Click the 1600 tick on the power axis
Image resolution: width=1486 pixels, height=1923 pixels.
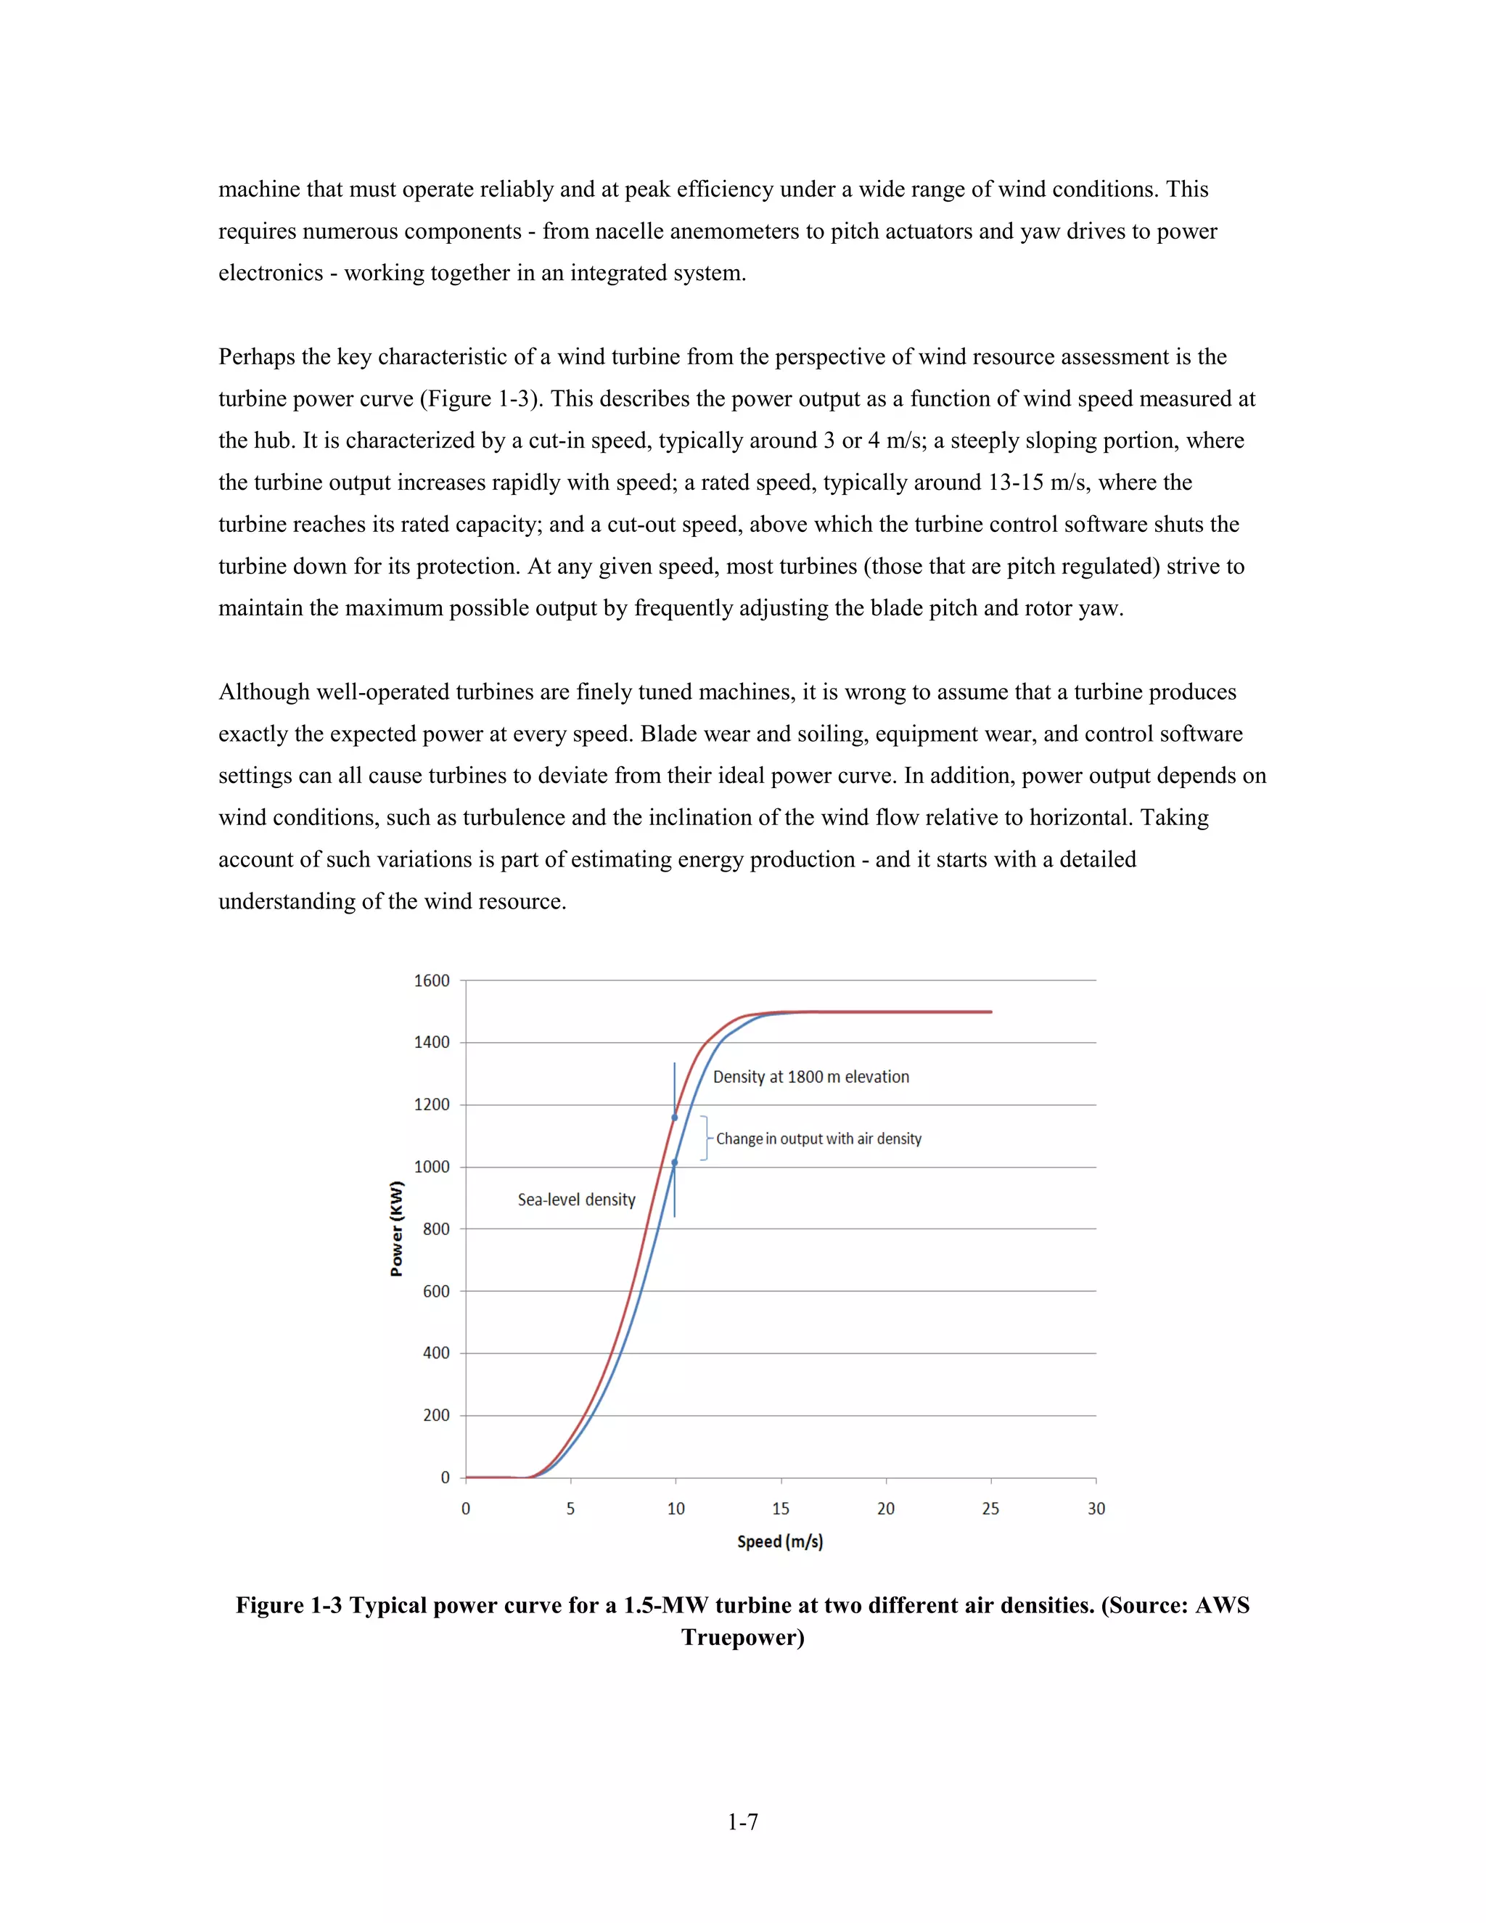pos(432,980)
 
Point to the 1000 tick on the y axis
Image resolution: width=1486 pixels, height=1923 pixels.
pos(432,1167)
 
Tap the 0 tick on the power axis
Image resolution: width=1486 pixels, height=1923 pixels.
pos(445,1477)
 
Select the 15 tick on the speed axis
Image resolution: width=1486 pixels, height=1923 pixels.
pos(781,1509)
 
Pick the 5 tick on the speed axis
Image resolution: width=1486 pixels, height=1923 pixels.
pos(570,1509)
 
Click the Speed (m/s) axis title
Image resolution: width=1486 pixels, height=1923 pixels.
pos(780,1541)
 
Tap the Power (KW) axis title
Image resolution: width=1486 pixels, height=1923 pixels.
pos(397,1229)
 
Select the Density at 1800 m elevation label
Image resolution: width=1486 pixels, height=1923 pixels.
pos(810,1077)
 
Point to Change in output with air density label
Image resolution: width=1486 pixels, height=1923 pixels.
pos(818,1139)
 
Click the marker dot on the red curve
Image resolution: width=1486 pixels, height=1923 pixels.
pos(674,1118)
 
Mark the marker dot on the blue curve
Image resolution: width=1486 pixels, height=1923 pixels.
pos(674,1163)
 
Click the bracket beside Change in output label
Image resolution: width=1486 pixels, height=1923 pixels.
pos(705,1139)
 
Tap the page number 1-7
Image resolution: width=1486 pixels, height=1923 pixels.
pos(742,1821)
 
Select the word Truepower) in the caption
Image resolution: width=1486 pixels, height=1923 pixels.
pos(742,1637)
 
